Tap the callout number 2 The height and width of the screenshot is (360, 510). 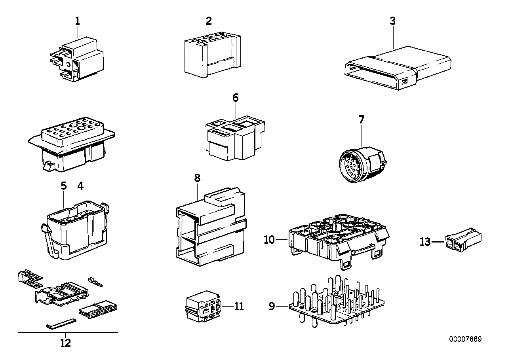coord(209,21)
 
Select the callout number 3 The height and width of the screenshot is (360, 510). coord(392,21)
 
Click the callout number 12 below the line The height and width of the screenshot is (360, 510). coord(66,343)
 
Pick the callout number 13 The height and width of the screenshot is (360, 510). coord(425,241)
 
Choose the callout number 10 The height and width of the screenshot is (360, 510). coord(269,240)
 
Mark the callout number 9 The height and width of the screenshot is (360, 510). coord(272,306)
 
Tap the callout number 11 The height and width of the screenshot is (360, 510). coord(239,306)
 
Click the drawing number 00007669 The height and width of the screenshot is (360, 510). coord(465,339)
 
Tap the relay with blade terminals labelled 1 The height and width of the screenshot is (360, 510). coord(79,59)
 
